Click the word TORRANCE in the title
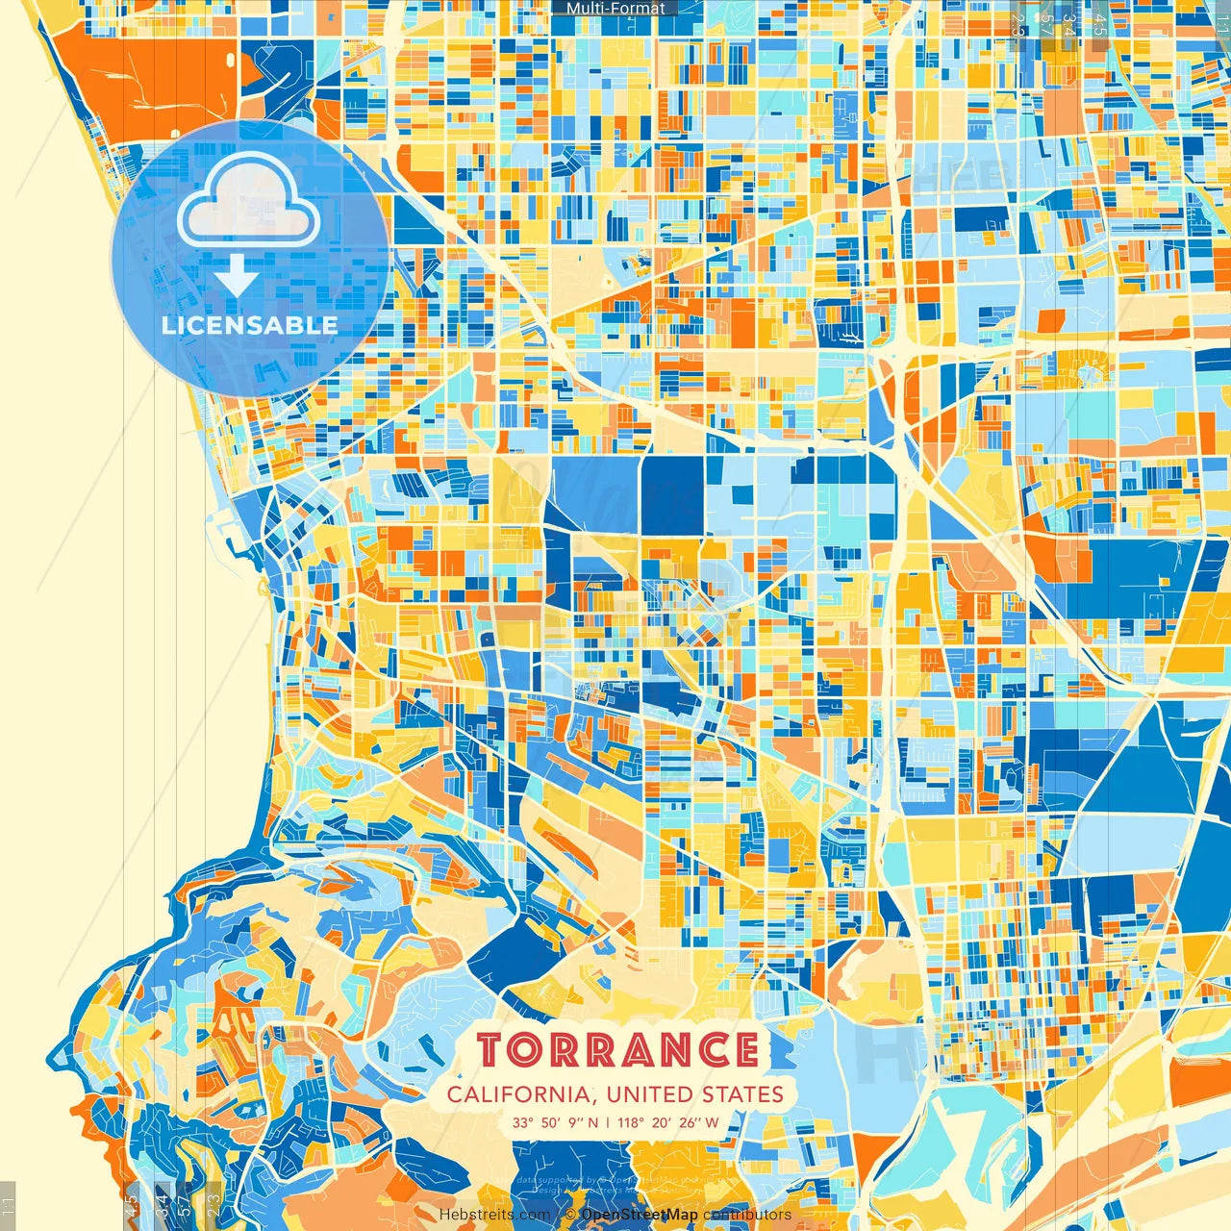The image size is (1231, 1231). point(617,1050)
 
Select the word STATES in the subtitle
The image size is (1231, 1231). point(741,1094)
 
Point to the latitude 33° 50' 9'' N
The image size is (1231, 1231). point(555,1122)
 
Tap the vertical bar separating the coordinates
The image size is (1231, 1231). point(608,1122)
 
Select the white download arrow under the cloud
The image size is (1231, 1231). point(236,276)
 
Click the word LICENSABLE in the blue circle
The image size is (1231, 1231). point(249,325)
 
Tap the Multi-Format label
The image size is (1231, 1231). point(615,9)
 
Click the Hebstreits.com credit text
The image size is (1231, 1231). point(495,1215)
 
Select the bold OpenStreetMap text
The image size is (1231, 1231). point(640,1215)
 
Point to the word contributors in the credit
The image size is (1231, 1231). point(747,1215)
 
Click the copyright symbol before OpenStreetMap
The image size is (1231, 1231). point(570,1215)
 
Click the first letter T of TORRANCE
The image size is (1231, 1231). point(491,1050)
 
